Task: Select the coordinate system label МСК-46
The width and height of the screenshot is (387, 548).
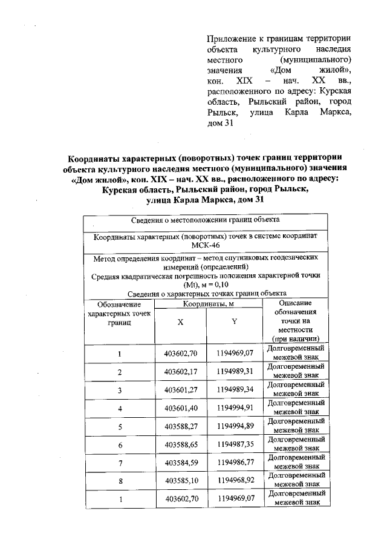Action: pyautogui.click(x=206, y=246)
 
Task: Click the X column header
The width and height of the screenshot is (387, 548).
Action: pyautogui.click(x=180, y=322)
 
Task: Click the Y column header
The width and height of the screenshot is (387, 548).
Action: pyautogui.click(x=233, y=322)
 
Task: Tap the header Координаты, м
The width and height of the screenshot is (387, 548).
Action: pyautogui.click(x=207, y=303)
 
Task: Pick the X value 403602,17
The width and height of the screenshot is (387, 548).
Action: pyautogui.click(x=181, y=371)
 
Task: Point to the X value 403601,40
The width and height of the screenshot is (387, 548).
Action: pyautogui.click(x=181, y=408)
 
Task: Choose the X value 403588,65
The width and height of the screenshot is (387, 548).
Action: pyautogui.click(x=181, y=444)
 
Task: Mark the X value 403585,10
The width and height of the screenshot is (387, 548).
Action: pyautogui.click(x=181, y=481)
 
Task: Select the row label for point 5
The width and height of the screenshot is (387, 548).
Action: pyautogui.click(x=120, y=426)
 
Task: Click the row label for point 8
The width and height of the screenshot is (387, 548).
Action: pyautogui.click(x=120, y=481)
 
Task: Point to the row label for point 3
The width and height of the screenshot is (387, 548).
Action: pyautogui.click(x=120, y=389)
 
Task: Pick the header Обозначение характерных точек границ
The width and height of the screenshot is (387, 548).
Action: pyautogui.click(x=120, y=314)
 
